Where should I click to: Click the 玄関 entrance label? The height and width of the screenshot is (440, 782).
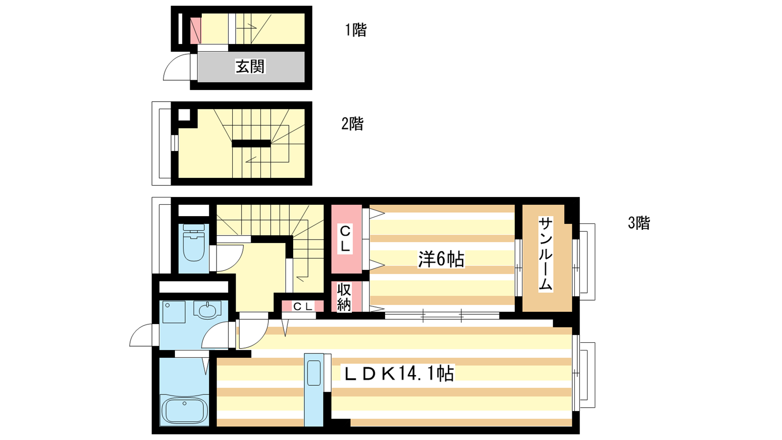tap(250, 66)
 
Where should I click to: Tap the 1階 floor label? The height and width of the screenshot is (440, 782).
tap(356, 30)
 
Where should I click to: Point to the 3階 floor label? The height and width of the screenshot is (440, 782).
tap(639, 223)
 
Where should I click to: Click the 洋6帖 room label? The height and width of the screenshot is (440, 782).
tap(441, 260)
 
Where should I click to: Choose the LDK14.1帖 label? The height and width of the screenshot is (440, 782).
tap(399, 374)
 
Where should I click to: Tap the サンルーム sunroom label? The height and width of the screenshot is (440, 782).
tap(545, 254)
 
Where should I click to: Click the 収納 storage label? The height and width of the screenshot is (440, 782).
tap(344, 296)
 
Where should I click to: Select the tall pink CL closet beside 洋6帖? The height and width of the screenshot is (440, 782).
tap(347, 239)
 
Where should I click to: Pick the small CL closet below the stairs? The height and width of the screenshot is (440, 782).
tap(303, 306)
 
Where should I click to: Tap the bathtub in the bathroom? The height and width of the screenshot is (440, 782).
tap(184, 410)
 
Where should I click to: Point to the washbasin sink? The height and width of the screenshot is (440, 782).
tap(208, 309)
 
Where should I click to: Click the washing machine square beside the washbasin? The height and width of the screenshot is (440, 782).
tap(174, 312)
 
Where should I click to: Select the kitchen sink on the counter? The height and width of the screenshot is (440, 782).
tap(314, 373)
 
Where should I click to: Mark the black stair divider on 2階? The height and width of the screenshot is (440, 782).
tap(251, 144)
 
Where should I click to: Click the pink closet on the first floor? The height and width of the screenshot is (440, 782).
tap(195, 31)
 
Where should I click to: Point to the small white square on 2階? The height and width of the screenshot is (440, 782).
tap(184, 114)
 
